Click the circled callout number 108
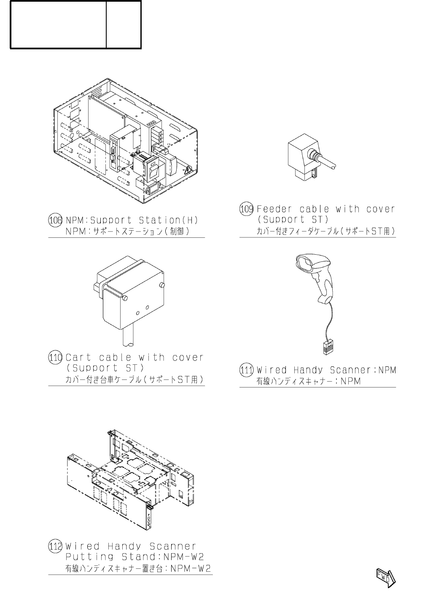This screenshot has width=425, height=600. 56,220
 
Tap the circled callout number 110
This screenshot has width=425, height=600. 56,358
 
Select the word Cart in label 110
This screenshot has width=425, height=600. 78,358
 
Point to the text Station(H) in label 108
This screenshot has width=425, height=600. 168,220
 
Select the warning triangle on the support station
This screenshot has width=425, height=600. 187,171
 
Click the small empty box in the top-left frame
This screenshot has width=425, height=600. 124,24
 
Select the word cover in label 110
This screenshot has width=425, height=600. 188,358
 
